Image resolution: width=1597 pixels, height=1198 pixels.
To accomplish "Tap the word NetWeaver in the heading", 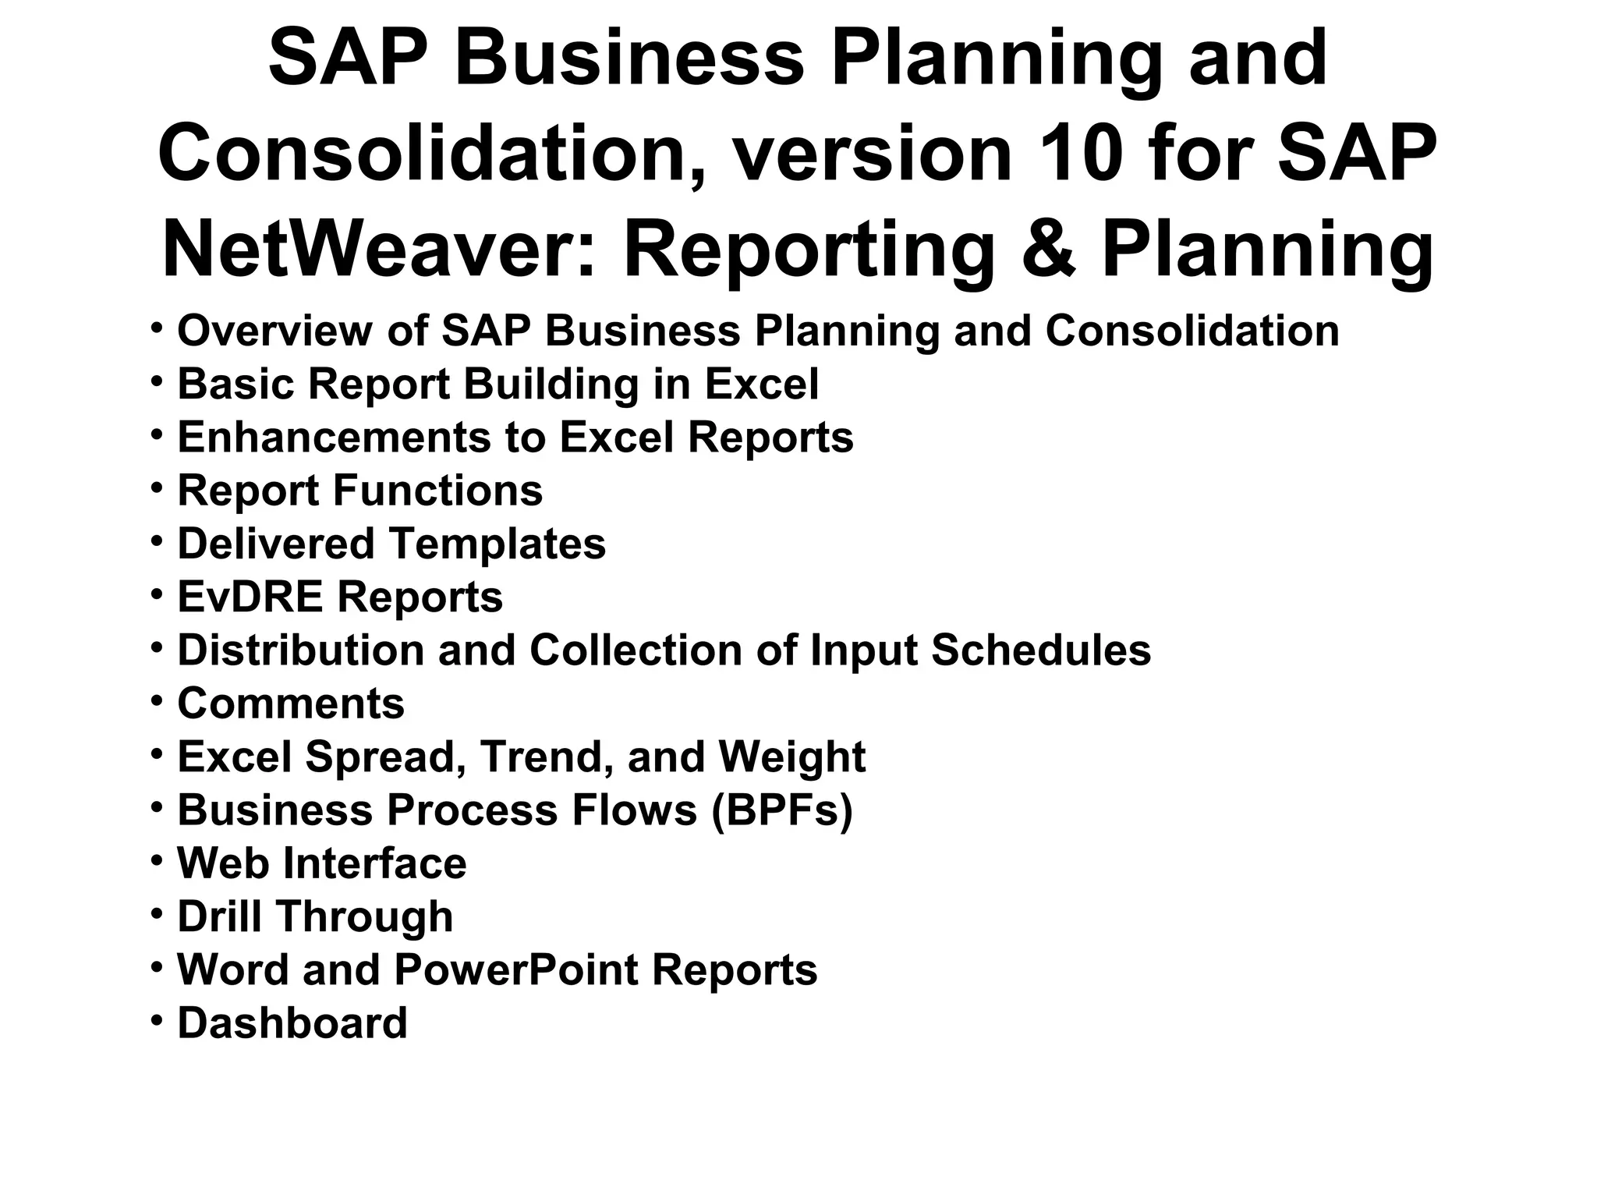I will click(x=370, y=249).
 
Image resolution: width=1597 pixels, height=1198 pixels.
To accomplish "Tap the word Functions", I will click(x=437, y=491).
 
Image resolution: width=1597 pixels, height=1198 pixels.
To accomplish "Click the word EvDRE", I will click(x=250, y=597).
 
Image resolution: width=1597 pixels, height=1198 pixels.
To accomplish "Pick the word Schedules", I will click(x=1040, y=650).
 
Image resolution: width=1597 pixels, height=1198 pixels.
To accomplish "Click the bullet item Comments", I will click(x=291, y=704).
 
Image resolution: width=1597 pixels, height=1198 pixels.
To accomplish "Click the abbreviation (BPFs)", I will click(x=781, y=810).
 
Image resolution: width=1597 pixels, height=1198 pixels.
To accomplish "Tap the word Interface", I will click(x=374, y=863).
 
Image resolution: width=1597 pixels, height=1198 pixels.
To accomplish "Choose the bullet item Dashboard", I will click(x=292, y=1023).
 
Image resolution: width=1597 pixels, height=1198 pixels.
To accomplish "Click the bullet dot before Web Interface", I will click(x=157, y=860).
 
